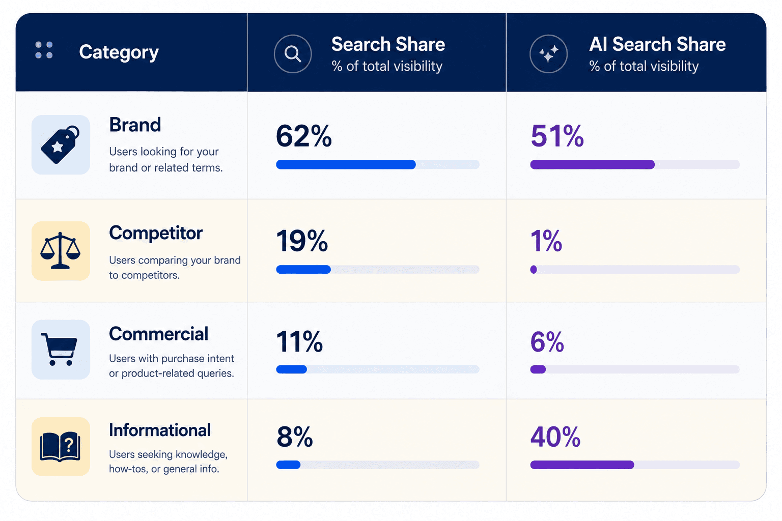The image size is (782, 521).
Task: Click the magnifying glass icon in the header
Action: [293, 54]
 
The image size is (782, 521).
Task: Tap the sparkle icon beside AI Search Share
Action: [548, 54]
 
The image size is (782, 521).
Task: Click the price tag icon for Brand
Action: [61, 144]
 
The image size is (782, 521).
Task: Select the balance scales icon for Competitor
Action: [61, 250]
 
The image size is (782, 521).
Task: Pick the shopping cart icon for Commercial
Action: [60, 349]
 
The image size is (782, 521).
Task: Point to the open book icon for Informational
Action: [60, 447]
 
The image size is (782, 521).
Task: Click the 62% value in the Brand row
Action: [303, 136]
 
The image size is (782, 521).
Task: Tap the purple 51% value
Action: [557, 136]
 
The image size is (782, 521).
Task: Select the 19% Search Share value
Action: [302, 241]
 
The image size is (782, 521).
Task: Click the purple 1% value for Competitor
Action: [546, 241]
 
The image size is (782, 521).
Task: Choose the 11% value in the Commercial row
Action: [299, 341]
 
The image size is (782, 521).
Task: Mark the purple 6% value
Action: [547, 341]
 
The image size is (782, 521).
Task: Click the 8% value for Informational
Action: [294, 437]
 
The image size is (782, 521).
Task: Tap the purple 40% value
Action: [555, 437]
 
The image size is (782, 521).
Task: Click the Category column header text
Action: [119, 53]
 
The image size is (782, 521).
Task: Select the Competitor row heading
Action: [156, 233]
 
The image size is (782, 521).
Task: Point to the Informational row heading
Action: [160, 430]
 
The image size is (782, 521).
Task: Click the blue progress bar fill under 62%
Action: [346, 164]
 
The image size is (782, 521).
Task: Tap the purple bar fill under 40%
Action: [582, 465]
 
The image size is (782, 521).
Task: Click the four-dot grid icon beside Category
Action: [44, 50]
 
